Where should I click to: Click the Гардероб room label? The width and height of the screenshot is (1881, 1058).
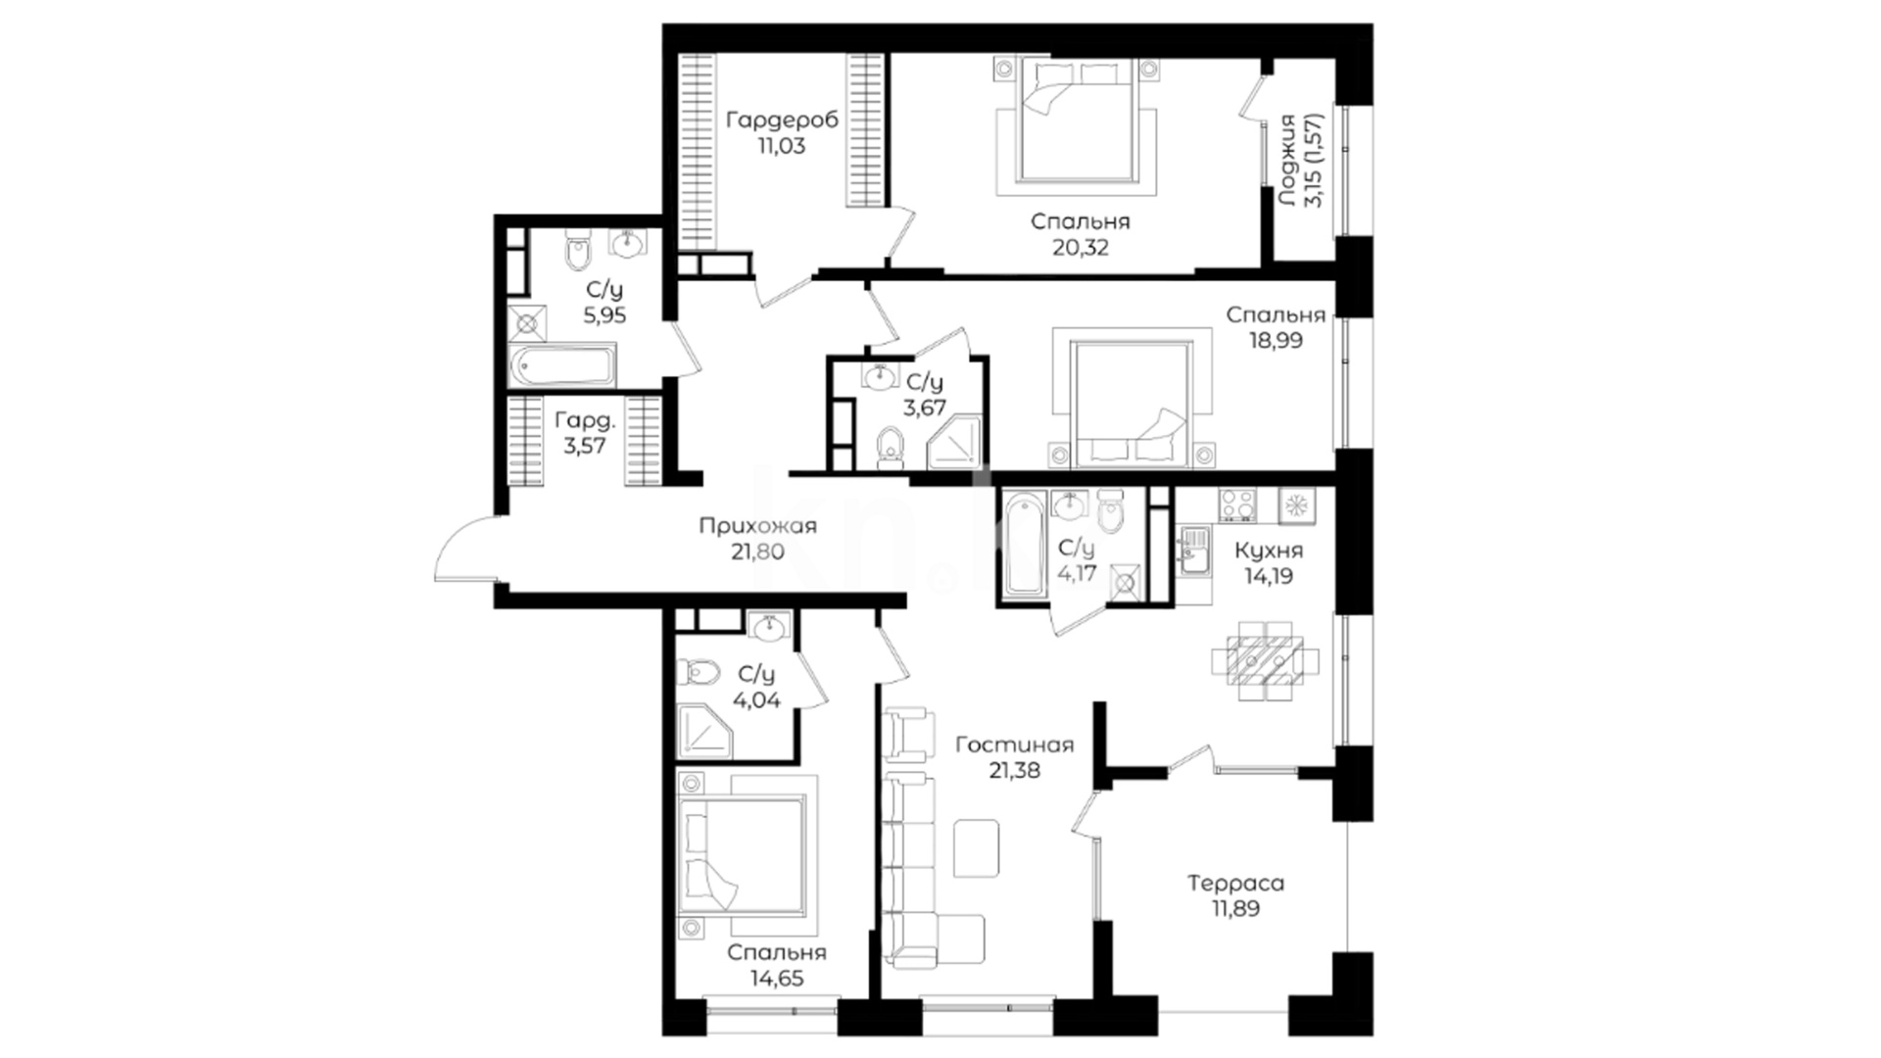click(x=781, y=120)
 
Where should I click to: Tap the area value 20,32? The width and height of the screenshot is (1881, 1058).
click(x=1081, y=248)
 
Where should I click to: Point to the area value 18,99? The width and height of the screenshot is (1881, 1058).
click(x=1276, y=341)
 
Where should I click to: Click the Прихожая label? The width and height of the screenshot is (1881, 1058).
click(x=757, y=526)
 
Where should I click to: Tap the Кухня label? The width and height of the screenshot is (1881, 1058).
click(x=1269, y=550)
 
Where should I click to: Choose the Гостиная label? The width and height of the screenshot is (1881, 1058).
click(x=1014, y=745)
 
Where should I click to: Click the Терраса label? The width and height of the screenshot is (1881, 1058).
click(x=1235, y=883)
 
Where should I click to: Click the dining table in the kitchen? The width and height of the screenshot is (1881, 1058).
click(x=1266, y=661)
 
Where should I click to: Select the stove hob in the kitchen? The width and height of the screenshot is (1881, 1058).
click(x=1237, y=505)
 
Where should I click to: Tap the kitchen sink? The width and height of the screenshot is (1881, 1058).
click(x=1193, y=552)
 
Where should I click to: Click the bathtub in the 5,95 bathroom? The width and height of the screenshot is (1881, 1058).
click(x=563, y=364)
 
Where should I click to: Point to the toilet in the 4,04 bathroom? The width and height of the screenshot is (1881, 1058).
click(x=697, y=672)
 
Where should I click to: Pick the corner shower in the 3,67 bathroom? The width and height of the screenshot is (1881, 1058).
click(x=955, y=442)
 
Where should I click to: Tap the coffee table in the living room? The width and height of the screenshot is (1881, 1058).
click(x=977, y=848)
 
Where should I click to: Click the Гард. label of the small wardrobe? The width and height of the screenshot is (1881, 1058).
click(x=585, y=420)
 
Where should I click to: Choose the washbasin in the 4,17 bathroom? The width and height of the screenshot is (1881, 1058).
click(x=1069, y=504)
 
